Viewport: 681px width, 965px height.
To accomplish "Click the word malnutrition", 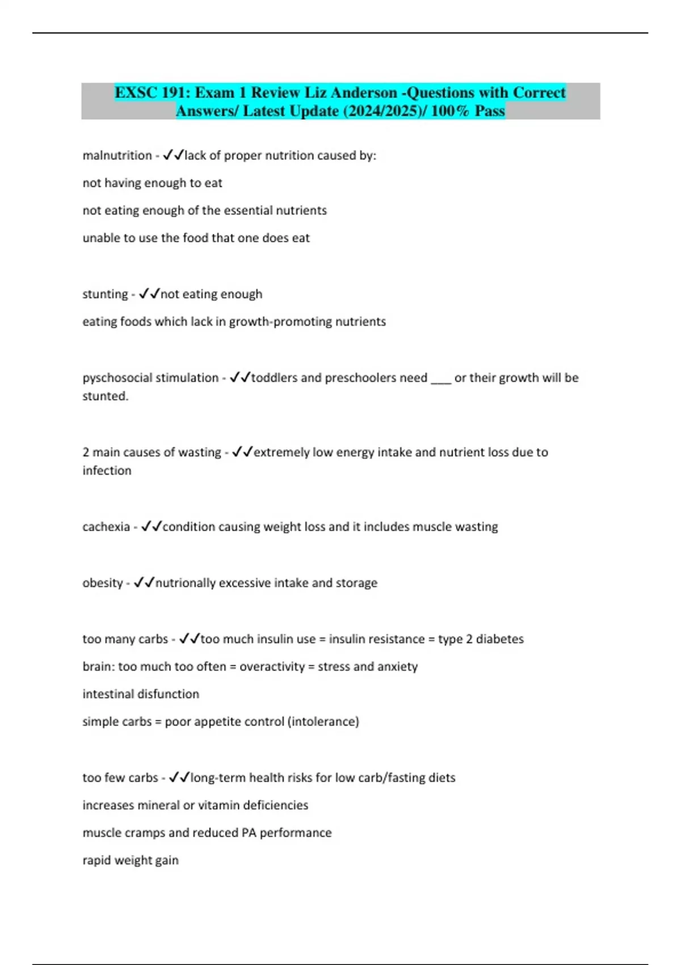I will [117, 156].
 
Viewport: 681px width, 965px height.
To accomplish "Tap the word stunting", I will [105, 294].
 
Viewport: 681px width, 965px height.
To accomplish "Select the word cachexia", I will [106, 527].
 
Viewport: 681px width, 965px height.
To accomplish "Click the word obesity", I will [102, 583].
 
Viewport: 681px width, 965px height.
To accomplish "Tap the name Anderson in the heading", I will [364, 93].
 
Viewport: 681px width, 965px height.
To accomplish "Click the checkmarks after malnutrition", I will [173, 155].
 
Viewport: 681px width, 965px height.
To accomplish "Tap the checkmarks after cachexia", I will [152, 526].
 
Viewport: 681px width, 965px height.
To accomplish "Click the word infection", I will [107, 471].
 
